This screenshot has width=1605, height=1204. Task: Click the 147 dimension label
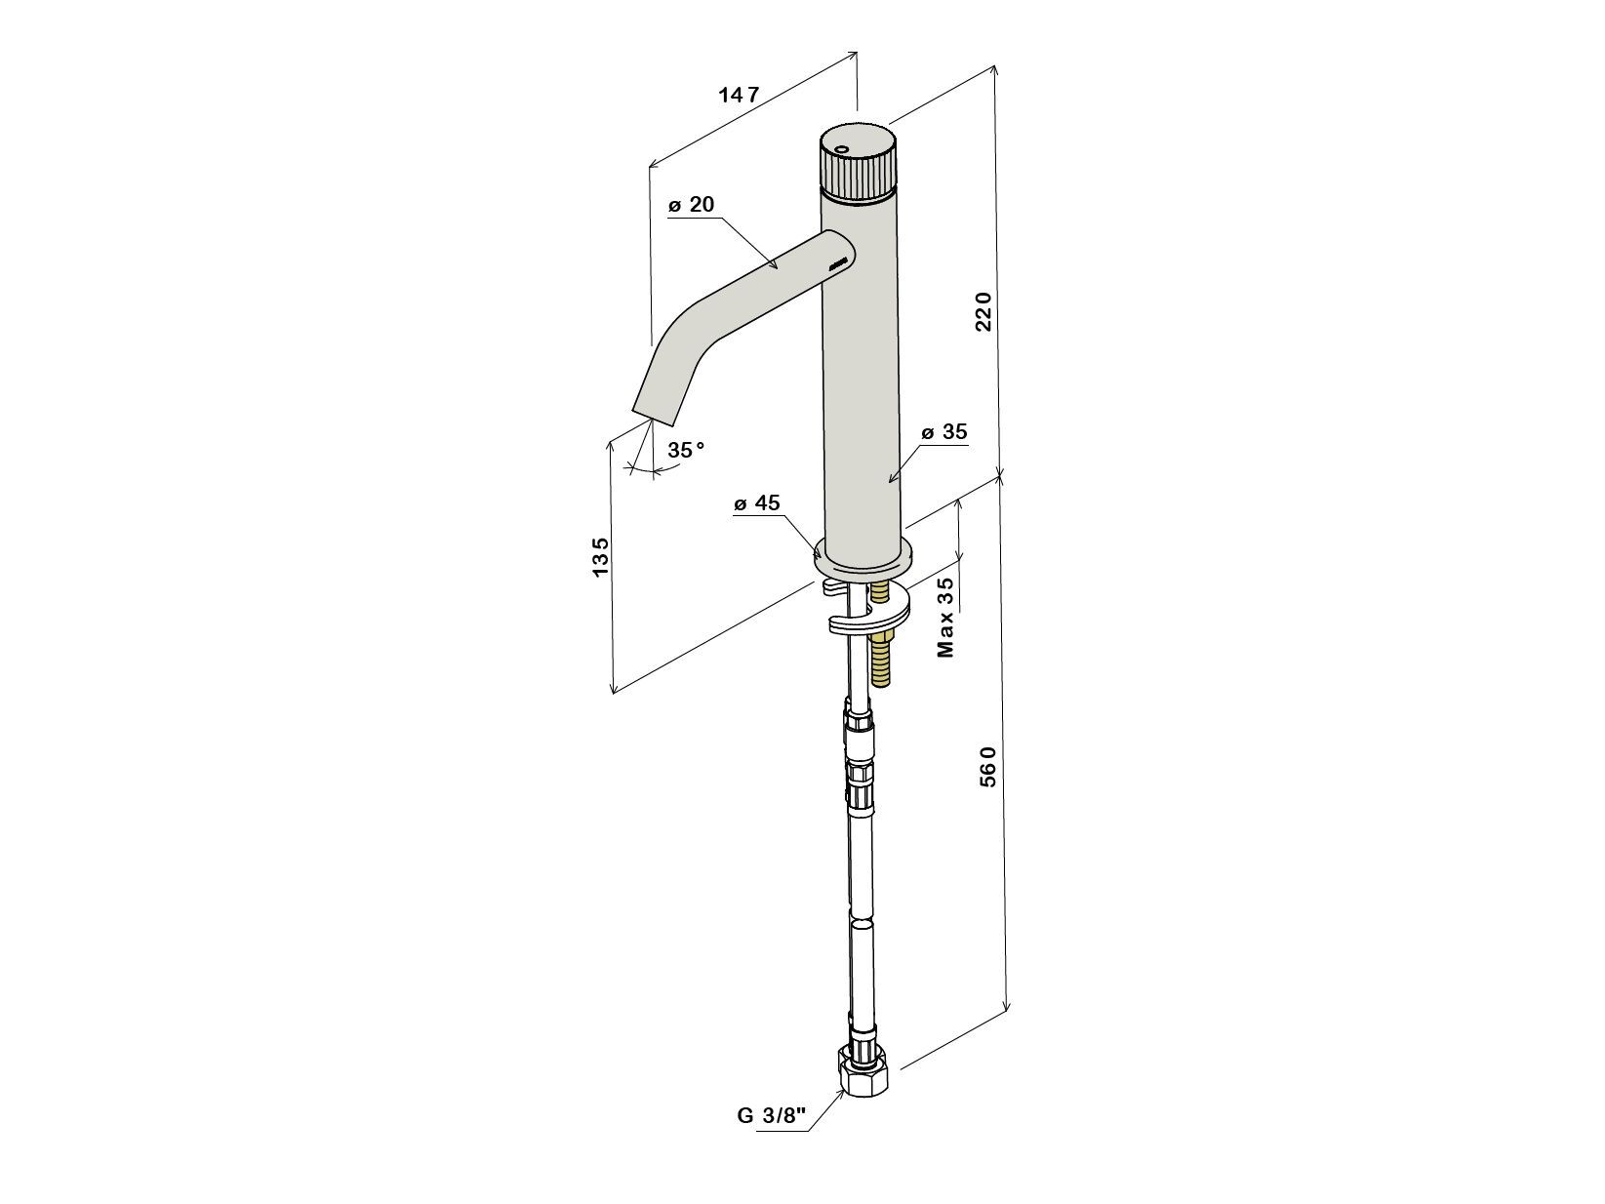coord(739,95)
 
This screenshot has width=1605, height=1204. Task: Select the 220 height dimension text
coord(983,311)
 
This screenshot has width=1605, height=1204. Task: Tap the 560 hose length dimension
coord(987,766)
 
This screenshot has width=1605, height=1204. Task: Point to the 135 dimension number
coord(600,557)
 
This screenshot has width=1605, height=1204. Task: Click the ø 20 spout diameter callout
coord(691,204)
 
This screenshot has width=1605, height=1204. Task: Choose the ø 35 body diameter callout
coord(944,431)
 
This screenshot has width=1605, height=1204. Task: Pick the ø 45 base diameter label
coord(757,502)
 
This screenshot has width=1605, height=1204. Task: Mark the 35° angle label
coord(685,450)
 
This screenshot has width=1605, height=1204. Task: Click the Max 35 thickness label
coord(945,617)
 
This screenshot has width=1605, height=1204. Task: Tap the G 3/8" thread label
coord(772,1136)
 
